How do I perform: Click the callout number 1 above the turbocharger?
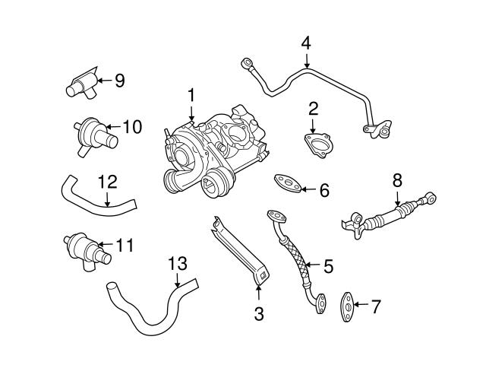click(x=192, y=95)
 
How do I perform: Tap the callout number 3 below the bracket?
click(x=258, y=313)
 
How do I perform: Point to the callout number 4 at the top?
click(x=306, y=43)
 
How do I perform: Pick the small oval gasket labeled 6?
click(x=285, y=182)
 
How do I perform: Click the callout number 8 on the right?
click(x=396, y=180)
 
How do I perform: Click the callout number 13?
click(x=176, y=263)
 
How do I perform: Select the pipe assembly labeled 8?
click(x=387, y=216)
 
